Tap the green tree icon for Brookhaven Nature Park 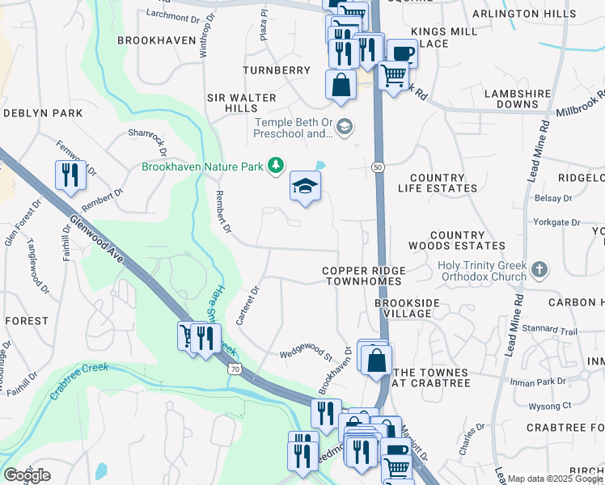276,166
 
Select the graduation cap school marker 306,188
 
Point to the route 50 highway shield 378,167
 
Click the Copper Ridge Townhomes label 362,276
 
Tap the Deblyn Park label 43,113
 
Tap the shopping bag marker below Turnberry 341,84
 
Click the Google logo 27,475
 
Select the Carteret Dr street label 247,306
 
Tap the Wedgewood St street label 307,354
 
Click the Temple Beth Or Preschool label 293,128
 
